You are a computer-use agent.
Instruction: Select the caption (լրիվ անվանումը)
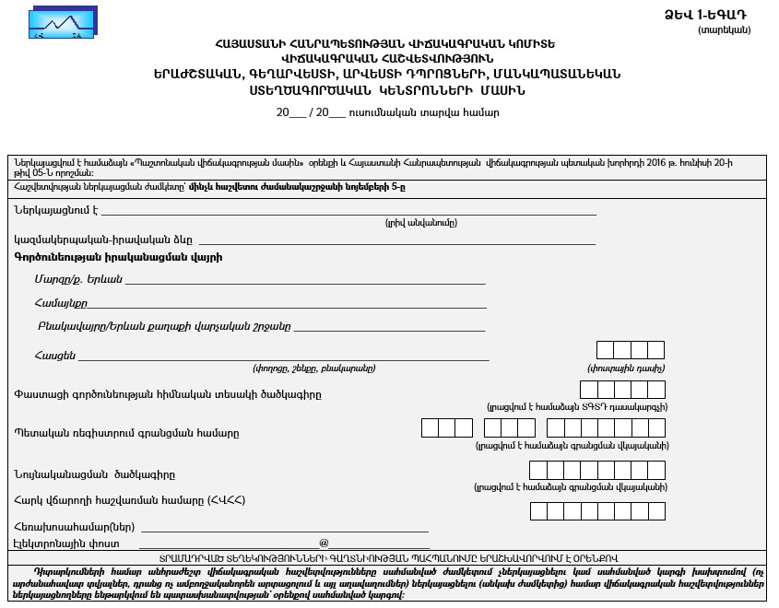coord(420,223)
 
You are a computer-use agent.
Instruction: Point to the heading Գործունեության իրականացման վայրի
coord(118,257)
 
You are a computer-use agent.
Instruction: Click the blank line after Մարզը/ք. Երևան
coord(305,279)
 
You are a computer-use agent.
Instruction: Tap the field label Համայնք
coord(61,303)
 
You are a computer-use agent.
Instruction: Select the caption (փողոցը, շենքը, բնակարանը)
coord(314,368)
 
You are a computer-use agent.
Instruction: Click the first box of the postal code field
coord(605,349)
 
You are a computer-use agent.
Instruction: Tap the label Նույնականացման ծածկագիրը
coord(107,474)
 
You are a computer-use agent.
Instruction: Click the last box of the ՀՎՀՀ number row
coord(656,511)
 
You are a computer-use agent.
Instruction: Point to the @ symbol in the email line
coord(324,544)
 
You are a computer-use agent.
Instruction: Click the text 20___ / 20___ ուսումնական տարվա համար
coord(388,112)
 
